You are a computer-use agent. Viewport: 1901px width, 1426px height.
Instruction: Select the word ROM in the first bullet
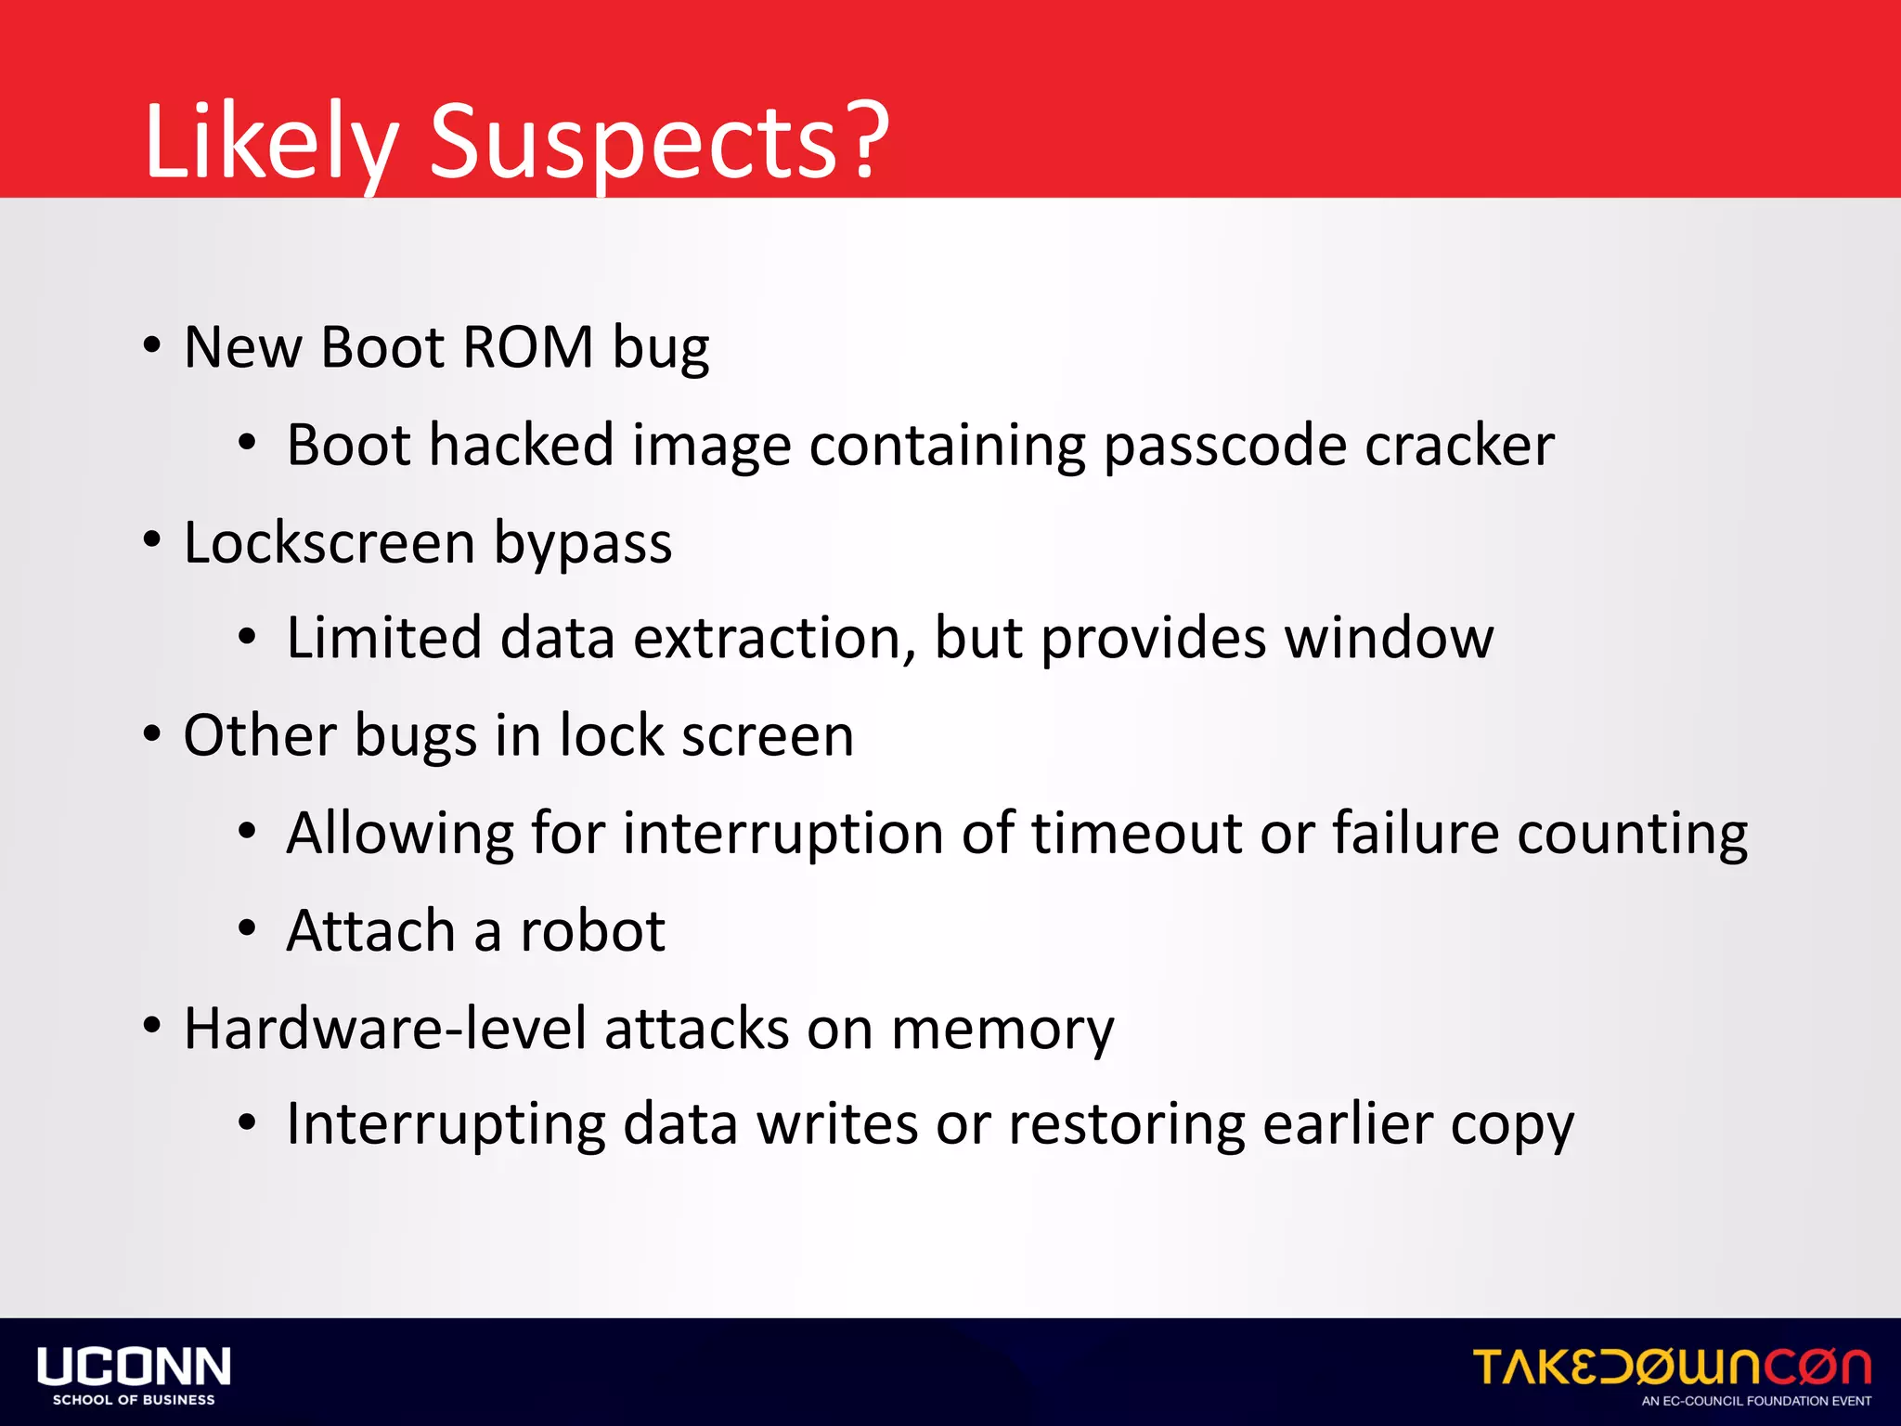[x=527, y=347]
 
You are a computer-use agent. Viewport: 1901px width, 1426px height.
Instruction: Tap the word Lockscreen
[x=330, y=542]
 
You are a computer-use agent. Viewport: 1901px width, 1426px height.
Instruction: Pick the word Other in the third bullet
[x=260, y=735]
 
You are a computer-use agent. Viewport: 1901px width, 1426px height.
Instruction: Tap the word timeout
[x=1135, y=833]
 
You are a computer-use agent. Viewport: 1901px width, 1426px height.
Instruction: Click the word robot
[x=592, y=930]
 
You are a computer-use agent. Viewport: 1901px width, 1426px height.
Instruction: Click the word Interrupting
[x=446, y=1125]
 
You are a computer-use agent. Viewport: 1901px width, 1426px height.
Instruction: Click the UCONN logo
[x=134, y=1374]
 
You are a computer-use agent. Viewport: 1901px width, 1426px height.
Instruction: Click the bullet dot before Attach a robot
[x=246, y=927]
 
